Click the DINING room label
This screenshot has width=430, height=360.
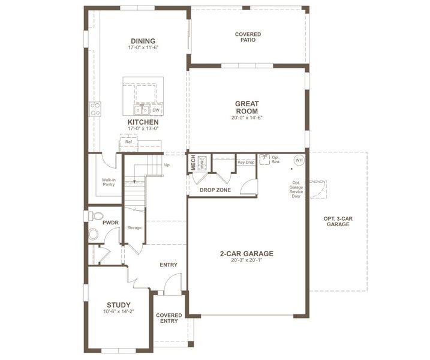[143, 41]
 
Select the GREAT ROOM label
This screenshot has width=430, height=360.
[246, 107]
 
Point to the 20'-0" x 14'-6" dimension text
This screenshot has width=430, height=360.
[246, 118]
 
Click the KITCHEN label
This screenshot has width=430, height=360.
[143, 122]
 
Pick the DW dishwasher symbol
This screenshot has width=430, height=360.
[156, 110]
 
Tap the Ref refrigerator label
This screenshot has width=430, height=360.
[128, 142]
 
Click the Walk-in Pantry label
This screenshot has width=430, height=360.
[109, 182]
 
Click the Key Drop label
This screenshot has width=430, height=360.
[246, 162]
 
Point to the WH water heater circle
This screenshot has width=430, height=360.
[299, 160]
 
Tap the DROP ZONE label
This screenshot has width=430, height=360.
[214, 190]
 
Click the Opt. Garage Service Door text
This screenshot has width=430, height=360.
[296, 190]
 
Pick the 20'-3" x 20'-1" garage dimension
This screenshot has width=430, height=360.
[246, 260]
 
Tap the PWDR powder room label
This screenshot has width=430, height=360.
[110, 222]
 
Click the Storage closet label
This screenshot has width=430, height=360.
[134, 228]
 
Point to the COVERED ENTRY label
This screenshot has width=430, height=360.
[169, 318]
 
